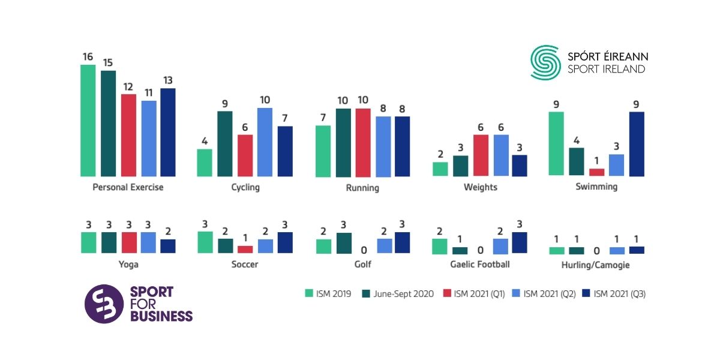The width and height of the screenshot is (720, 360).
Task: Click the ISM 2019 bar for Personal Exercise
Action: tap(88, 121)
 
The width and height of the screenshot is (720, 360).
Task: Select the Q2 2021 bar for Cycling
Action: tap(265, 142)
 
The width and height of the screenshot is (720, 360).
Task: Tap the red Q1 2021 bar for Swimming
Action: tap(596, 172)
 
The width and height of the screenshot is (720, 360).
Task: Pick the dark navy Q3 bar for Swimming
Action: tap(636, 144)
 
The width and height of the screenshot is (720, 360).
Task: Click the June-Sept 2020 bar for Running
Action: tap(343, 143)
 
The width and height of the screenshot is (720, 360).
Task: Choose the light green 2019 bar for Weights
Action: tap(440, 169)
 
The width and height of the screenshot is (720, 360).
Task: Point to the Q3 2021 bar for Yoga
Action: tap(167, 246)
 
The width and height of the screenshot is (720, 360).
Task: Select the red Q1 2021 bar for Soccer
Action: tap(245, 249)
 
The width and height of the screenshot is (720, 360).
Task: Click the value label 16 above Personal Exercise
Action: tap(88, 57)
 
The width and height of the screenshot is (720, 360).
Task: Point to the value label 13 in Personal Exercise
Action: tap(167, 80)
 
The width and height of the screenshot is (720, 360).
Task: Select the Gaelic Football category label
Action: tap(480, 264)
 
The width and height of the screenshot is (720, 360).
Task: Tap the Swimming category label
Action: tap(596, 187)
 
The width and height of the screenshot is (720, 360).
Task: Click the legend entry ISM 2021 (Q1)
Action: tap(473, 293)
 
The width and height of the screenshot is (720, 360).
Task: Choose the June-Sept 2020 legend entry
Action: tap(398, 293)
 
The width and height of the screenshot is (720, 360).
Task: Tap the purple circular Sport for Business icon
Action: tap(104, 304)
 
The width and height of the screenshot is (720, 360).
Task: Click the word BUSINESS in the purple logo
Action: tap(161, 316)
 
